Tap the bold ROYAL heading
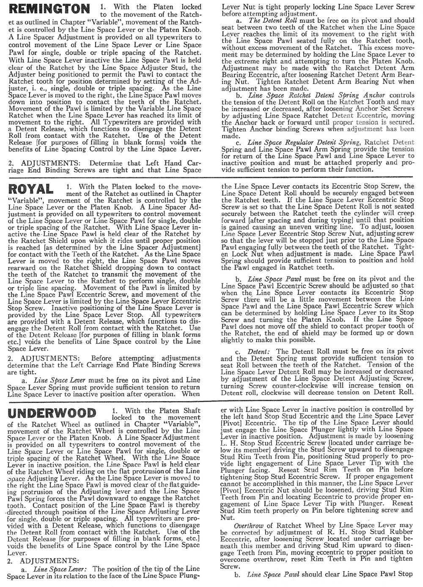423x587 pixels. [31, 189]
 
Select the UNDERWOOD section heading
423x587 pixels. [52, 413]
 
